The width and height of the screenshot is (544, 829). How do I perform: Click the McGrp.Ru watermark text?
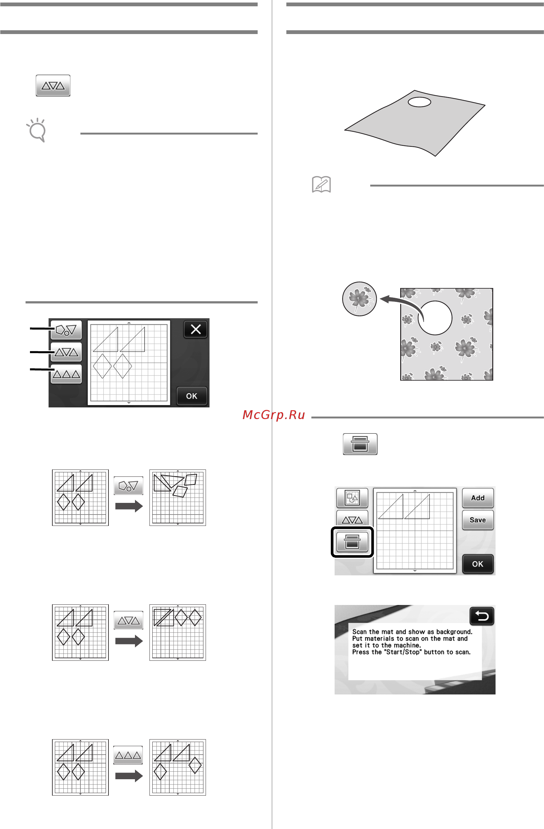(274, 415)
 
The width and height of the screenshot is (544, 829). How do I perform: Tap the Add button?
(477, 498)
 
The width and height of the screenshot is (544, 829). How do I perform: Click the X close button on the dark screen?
(195, 329)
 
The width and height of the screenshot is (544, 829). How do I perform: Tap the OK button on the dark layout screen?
(191, 396)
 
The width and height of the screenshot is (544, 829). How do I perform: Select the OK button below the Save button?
(477, 564)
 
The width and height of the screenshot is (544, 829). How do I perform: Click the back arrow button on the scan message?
(482, 616)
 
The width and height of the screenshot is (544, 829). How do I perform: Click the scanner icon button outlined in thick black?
(352, 542)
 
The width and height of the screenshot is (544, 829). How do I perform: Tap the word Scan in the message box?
(360, 631)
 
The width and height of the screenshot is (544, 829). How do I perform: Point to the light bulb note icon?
(37, 130)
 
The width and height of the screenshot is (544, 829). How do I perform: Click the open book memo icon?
(321, 184)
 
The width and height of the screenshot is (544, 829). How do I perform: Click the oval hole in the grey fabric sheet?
(419, 102)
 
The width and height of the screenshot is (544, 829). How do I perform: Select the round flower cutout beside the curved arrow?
(359, 299)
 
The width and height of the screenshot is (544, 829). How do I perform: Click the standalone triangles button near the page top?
(53, 85)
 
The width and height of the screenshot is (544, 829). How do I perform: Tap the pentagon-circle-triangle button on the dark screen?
(66, 330)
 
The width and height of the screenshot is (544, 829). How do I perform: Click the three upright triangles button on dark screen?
(66, 374)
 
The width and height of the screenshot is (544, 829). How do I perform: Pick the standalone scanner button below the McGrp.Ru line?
(360, 444)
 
